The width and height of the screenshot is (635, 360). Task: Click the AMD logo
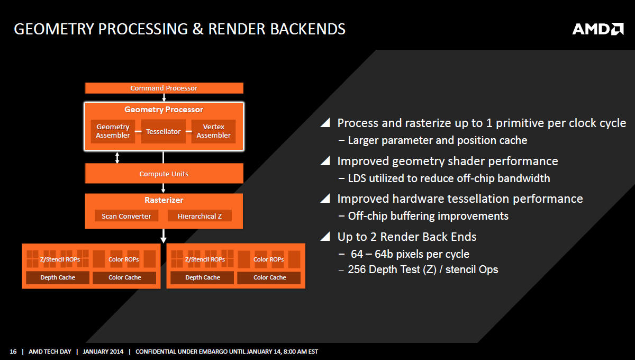coord(598,29)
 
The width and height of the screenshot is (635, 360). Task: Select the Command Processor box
coord(164,88)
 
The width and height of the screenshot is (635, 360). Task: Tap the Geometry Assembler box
coord(113,131)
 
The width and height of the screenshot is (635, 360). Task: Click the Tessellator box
coord(164,131)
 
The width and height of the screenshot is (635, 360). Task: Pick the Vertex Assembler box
coord(213,131)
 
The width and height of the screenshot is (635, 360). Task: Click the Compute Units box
coord(164,173)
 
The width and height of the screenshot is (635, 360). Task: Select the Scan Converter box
coord(126,216)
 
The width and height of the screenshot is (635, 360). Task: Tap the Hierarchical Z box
coord(199,216)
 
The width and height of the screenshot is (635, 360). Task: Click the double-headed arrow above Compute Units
coord(117,158)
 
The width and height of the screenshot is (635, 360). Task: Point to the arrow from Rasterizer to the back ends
coord(164,236)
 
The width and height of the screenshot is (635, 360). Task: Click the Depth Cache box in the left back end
coord(58,277)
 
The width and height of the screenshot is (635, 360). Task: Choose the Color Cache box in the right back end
coord(269,277)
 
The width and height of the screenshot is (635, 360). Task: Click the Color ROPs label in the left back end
coord(124,259)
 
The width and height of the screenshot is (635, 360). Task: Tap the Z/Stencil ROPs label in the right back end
coord(205,259)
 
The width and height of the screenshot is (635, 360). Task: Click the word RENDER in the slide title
coord(237,29)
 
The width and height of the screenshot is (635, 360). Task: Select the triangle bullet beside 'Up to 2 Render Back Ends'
coord(325,236)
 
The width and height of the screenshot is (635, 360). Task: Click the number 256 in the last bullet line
coord(357,269)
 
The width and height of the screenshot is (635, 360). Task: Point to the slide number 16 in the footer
coord(13,352)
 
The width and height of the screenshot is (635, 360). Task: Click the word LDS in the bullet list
coord(357,178)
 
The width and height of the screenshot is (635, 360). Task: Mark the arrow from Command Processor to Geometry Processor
coord(164,97)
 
